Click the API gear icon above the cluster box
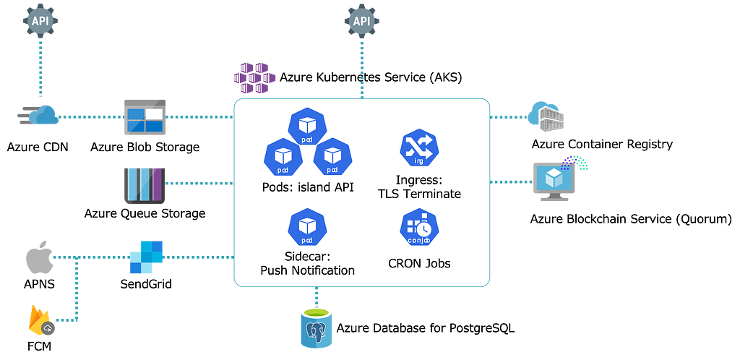[x=361, y=20]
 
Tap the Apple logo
[x=40, y=258]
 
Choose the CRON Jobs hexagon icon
[x=419, y=229]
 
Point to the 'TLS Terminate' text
[x=419, y=194]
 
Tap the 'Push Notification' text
[x=307, y=270]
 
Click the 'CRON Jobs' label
[x=419, y=263]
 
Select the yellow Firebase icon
[x=41, y=322]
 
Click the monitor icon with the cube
[x=554, y=179]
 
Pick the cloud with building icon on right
[x=547, y=115]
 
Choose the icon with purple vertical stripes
[x=145, y=184]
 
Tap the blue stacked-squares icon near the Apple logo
[x=145, y=257]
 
